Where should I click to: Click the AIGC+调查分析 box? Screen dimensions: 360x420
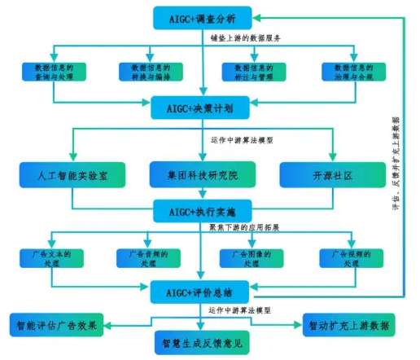pyautogui.click(x=203, y=16)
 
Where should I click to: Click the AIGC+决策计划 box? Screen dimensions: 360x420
pyautogui.click(x=203, y=106)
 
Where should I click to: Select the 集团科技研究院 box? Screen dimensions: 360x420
pyautogui.click(x=203, y=173)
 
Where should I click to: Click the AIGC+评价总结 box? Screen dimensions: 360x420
pyautogui.click(x=203, y=290)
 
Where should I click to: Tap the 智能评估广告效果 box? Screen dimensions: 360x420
pyautogui.click(x=56, y=326)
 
